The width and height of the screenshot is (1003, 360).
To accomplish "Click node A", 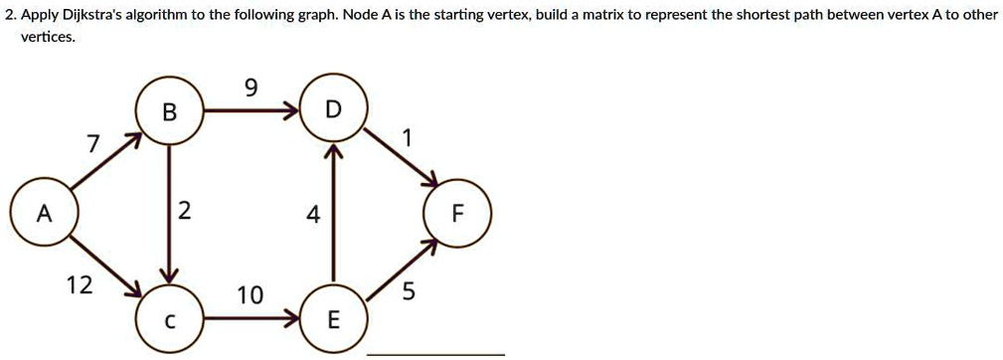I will pyautogui.click(x=43, y=215).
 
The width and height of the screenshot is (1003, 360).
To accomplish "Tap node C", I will pyautogui.click(x=170, y=319).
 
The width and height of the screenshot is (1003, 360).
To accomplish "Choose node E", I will pyautogui.click(x=333, y=319).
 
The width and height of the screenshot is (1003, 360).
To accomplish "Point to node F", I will pyautogui.click(x=457, y=215).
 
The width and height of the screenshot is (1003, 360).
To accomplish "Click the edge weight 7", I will pyautogui.click(x=91, y=145).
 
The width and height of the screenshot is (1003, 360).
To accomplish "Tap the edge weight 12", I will pyautogui.click(x=80, y=286).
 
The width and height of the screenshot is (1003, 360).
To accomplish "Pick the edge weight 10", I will pyautogui.click(x=251, y=295).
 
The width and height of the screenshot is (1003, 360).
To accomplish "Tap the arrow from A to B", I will pyautogui.click(x=104, y=165).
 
